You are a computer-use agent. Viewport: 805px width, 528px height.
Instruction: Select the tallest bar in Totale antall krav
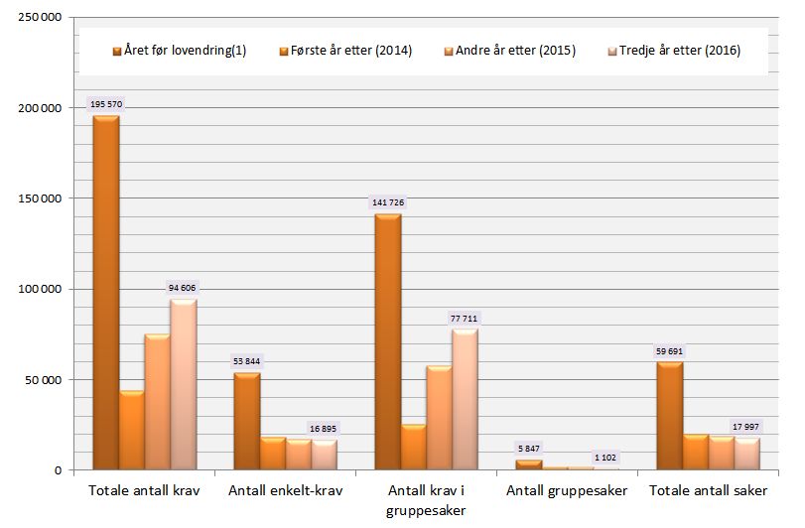click(x=105, y=293)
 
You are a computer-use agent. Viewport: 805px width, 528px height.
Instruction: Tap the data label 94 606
click(x=183, y=288)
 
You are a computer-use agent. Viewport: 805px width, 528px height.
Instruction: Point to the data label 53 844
click(x=245, y=361)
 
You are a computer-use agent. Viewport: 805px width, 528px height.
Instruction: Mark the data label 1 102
click(x=605, y=457)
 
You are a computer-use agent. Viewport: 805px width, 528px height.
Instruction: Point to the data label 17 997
click(x=746, y=427)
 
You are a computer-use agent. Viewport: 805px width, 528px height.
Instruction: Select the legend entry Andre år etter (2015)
click(x=514, y=51)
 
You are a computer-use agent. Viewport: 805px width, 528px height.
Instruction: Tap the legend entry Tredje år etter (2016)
click(x=679, y=51)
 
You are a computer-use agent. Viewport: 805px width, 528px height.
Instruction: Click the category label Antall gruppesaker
click(x=567, y=490)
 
